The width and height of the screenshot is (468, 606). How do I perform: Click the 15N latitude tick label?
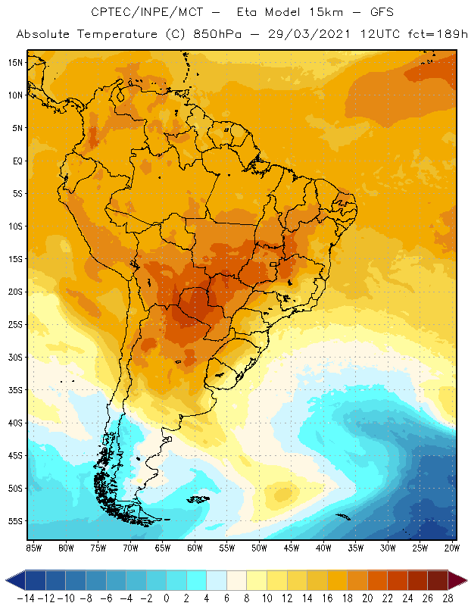15,62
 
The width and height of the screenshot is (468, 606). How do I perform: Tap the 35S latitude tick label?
15,390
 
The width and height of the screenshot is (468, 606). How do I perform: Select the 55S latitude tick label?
15,521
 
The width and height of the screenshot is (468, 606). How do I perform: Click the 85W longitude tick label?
33,547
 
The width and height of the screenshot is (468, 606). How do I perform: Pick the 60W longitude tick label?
195,547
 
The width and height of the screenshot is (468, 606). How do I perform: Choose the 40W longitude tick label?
324,547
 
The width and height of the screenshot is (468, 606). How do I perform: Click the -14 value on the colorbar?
26,598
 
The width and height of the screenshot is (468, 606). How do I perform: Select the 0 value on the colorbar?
167,598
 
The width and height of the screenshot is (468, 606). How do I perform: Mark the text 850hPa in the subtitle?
229,35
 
